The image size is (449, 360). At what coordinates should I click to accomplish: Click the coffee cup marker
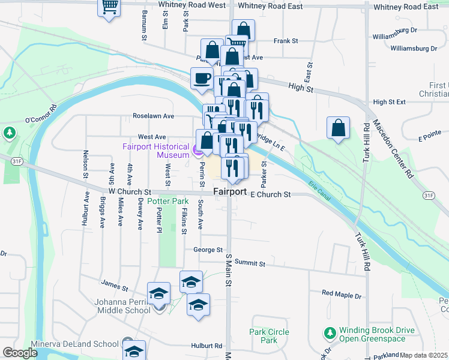coord(201,77)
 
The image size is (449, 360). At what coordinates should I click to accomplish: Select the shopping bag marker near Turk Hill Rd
coord(339,128)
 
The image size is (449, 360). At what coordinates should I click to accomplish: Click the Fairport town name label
coord(230,191)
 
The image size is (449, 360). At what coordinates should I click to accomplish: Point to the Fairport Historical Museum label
coord(155,150)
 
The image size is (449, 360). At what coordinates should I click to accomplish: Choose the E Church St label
coord(270,194)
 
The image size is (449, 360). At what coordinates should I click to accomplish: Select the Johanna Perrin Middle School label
coord(122,306)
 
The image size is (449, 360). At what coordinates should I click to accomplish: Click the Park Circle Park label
coord(270,336)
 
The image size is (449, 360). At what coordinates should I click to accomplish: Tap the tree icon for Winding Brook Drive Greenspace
coord(329,333)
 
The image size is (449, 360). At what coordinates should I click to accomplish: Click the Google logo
coord(20,353)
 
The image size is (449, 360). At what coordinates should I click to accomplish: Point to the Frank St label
coord(286,41)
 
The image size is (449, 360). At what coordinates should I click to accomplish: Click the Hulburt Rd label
coord(206,346)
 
